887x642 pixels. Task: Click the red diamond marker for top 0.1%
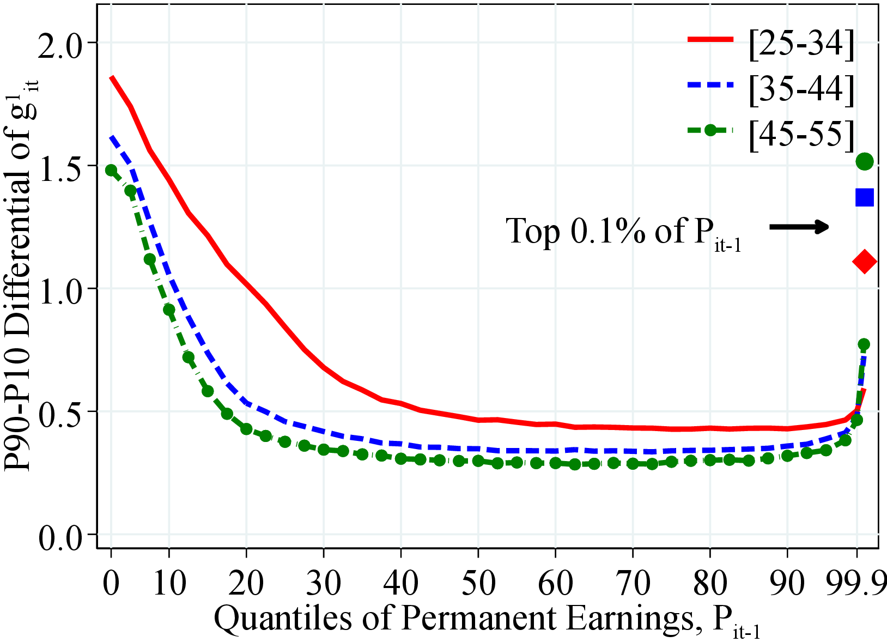click(x=864, y=262)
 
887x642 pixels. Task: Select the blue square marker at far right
click(x=864, y=197)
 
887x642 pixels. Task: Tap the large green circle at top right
click(x=865, y=161)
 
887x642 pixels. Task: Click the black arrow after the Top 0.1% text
click(x=799, y=227)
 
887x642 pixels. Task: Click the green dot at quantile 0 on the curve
click(x=111, y=170)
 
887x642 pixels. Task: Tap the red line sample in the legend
click(x=710, y=40)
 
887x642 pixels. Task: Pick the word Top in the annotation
click(x=534, y=231)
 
